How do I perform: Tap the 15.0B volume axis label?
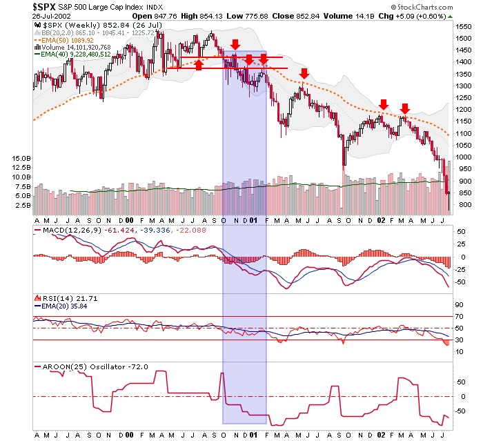(20, 158)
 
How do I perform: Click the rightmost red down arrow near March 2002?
(405, 108)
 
